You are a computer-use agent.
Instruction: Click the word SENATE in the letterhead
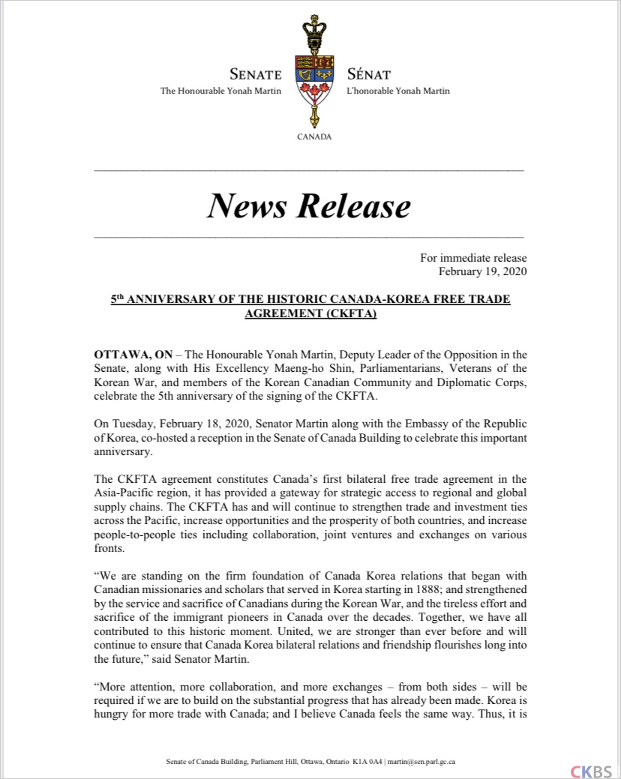[x=256, y=74]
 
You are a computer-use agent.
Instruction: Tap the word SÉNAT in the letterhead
[x=369, y=74]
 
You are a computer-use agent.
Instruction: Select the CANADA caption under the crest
[x=314, y=137]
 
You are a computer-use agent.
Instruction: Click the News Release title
[x=309, y=205]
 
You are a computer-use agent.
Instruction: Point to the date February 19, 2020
[x=482, y=271]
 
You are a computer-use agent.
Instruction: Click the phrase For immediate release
[x=473, y=258]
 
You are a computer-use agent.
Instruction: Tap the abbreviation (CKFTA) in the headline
[x=347, y=313]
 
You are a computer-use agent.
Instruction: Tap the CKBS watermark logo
[x=592, y=771]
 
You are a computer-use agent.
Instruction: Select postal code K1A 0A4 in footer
[x=367, y=762]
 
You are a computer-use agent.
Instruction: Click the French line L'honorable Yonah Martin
[x=397, y=91]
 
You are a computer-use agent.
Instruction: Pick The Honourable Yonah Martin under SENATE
[x=220, y=91]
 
